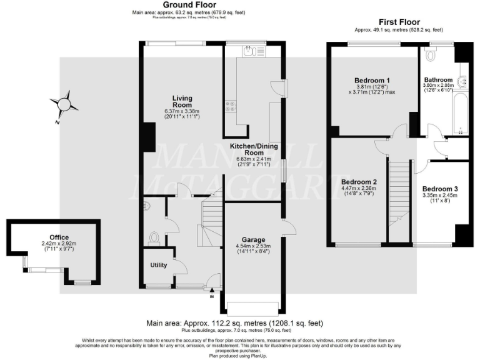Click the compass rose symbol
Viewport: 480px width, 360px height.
[64, 104]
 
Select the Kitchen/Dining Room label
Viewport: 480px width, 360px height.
[254, 149]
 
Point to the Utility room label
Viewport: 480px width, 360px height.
[159, 265]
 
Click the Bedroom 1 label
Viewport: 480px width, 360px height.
[372, 81]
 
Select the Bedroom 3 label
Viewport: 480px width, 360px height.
[440, 189]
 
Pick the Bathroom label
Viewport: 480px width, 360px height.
[438, 80]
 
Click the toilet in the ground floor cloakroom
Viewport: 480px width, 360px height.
[155, 238]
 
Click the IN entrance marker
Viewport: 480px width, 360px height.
[212, 296]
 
